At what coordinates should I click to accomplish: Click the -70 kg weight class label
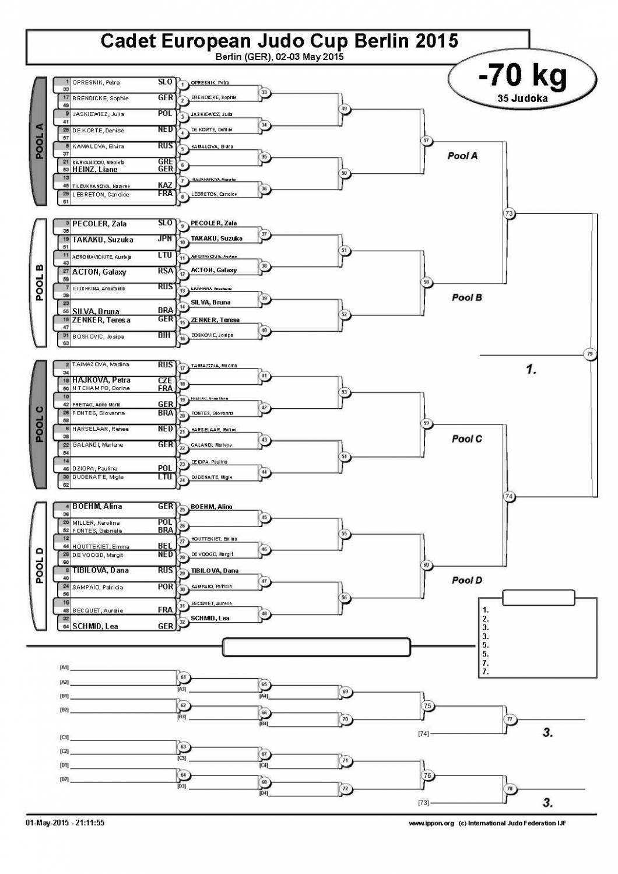(x=522, y=76)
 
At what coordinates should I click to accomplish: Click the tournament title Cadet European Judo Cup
(x=279, y=41)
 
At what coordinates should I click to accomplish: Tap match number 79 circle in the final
(x=590, y=353)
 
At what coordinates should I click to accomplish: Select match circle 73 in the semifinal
(x=509, y=213)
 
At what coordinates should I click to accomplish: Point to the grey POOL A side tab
(x=40, y=141)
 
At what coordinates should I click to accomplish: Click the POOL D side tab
(x=40, y=566)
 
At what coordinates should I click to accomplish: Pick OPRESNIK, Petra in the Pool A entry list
(x=96, y=83)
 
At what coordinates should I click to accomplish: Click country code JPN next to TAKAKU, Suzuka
(x=165, y=239)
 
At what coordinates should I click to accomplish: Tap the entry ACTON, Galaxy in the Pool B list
(x=99, y=272)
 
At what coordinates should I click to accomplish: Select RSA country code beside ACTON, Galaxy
(x=165, y=271)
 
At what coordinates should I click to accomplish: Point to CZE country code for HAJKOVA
(x=165, y=381)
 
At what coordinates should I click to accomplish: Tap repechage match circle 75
(x=428, y=706)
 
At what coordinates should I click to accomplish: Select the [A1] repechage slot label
(x=64, y=667)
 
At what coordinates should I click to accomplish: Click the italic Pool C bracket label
(x=466, y=439)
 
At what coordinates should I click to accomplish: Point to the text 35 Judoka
(x=522, y=99)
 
